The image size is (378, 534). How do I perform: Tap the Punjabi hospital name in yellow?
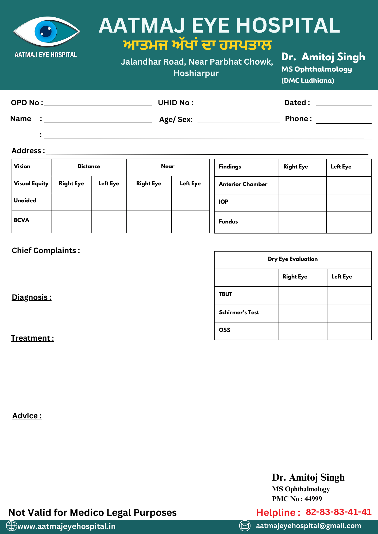(197, 45)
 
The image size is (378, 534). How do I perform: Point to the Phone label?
(298, 119)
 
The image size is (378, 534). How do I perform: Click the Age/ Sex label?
(176, 119)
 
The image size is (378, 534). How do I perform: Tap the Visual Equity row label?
(31, 183)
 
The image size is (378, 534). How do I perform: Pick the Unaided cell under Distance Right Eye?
(72, 202)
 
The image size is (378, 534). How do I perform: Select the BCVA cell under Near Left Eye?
(190, 222)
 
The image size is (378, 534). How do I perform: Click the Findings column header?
(230, 167)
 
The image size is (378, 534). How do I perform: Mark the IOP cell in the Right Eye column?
(302, 203)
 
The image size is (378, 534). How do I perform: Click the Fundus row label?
(228, 222)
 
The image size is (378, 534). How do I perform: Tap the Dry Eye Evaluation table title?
(293, 259)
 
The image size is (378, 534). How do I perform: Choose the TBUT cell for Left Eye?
(349, 295)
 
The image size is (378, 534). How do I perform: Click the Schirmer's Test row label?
(239, 312)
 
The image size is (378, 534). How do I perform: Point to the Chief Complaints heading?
(46, 250)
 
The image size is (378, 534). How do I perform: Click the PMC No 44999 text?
(297, 499)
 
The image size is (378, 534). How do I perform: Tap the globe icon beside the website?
(11, 526)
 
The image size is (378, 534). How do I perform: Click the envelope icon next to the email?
(245, 526)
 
